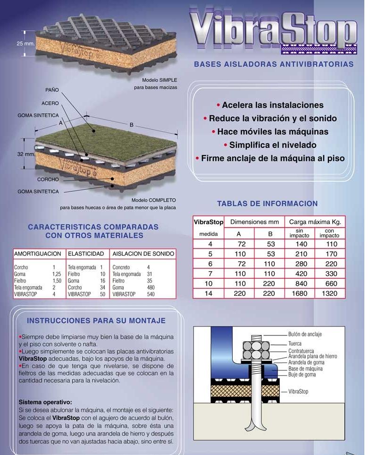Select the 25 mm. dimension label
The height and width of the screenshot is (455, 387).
point(26,43)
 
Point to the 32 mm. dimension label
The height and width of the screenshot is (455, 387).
point(26,155)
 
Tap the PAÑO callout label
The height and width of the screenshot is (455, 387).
point(52,89)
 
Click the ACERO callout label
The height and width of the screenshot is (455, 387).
point(50,103)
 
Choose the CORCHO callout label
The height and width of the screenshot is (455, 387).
point(48,180)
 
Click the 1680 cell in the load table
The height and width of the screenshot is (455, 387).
point(299,293)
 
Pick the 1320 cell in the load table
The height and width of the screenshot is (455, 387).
point(329,293)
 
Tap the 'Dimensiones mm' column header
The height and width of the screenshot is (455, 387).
point(254,222)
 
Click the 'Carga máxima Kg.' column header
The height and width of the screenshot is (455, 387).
point(315,222)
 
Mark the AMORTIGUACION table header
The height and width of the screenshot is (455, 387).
point(38,254)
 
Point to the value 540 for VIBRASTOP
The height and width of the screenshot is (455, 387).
point(151,294)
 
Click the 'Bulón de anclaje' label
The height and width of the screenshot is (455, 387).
point(305,334)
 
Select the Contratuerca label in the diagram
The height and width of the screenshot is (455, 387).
point(302,351)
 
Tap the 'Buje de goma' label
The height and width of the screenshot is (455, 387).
point(302,375)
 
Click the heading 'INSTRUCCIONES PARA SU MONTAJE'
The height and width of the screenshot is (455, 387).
point(96,321)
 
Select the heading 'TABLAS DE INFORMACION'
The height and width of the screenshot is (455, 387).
point(267,204)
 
